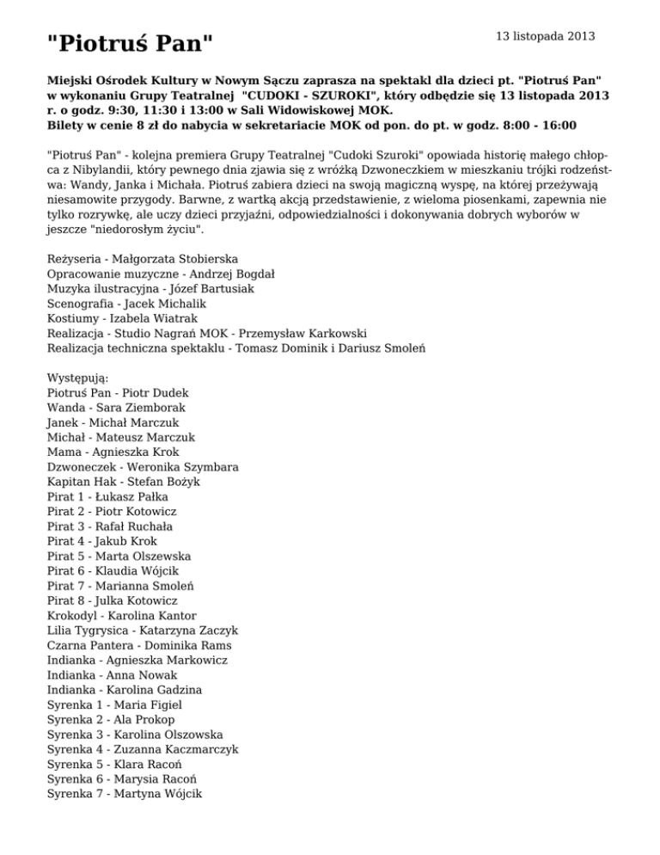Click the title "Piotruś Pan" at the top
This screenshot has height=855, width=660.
pos(130,41)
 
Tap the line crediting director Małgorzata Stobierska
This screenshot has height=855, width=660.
pos(143,258)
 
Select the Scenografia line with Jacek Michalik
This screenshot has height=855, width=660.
pos(127,303)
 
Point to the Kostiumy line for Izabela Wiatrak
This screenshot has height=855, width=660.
pos(122,317)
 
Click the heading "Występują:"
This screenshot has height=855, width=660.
pos(82,378)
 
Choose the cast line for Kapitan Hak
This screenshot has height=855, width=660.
pos(124,482)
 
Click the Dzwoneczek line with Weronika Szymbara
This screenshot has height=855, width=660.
pos(144,467)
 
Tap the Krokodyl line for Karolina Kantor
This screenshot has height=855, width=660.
pos(122,616)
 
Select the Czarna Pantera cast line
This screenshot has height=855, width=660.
pos(139,645)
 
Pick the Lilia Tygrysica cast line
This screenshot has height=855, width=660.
pos(143,630)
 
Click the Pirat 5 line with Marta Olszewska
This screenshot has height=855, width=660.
pos(119,556)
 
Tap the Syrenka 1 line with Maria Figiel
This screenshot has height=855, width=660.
pos(115,704)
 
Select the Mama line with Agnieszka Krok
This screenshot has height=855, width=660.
pos(113,452)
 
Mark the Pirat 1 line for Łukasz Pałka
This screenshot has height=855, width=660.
pos(108,496)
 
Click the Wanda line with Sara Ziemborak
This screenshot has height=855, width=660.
pos(116,407)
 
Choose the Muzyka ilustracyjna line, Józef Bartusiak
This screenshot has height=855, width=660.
pos(150,288)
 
